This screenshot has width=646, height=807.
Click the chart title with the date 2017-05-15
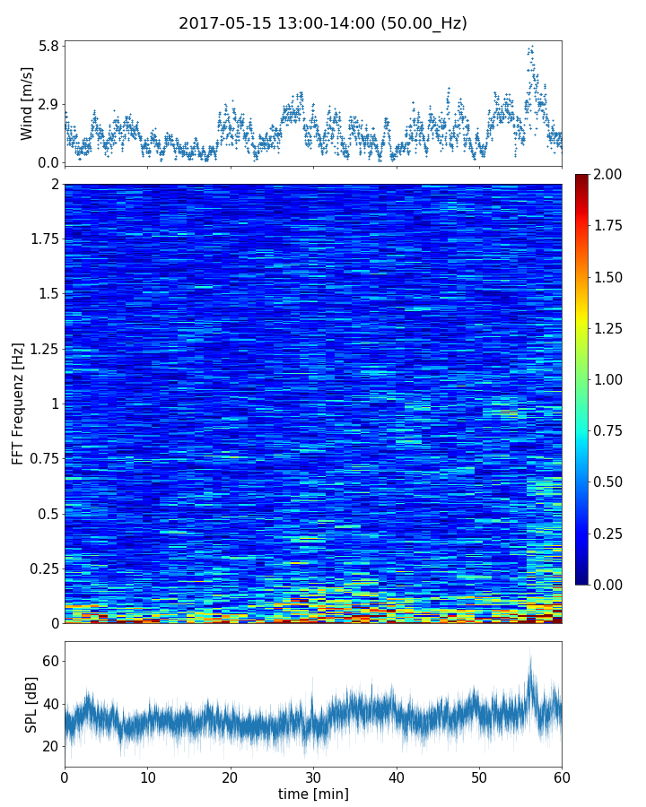tap(323, 23)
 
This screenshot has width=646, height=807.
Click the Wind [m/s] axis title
tap(27, 103)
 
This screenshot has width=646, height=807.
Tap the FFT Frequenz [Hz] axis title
tap(18, 403)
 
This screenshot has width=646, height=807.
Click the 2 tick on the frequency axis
tap(55, 185)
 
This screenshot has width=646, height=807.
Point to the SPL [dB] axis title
tap(31, 703)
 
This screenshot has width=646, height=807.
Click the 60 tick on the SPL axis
tap(50, 661)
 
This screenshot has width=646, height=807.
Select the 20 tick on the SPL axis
tap(50, 746)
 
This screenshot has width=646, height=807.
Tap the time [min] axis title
tap(313, 794)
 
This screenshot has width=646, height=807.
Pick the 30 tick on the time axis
tap(313, 776)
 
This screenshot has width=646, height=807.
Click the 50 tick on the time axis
tap(479, 776)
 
